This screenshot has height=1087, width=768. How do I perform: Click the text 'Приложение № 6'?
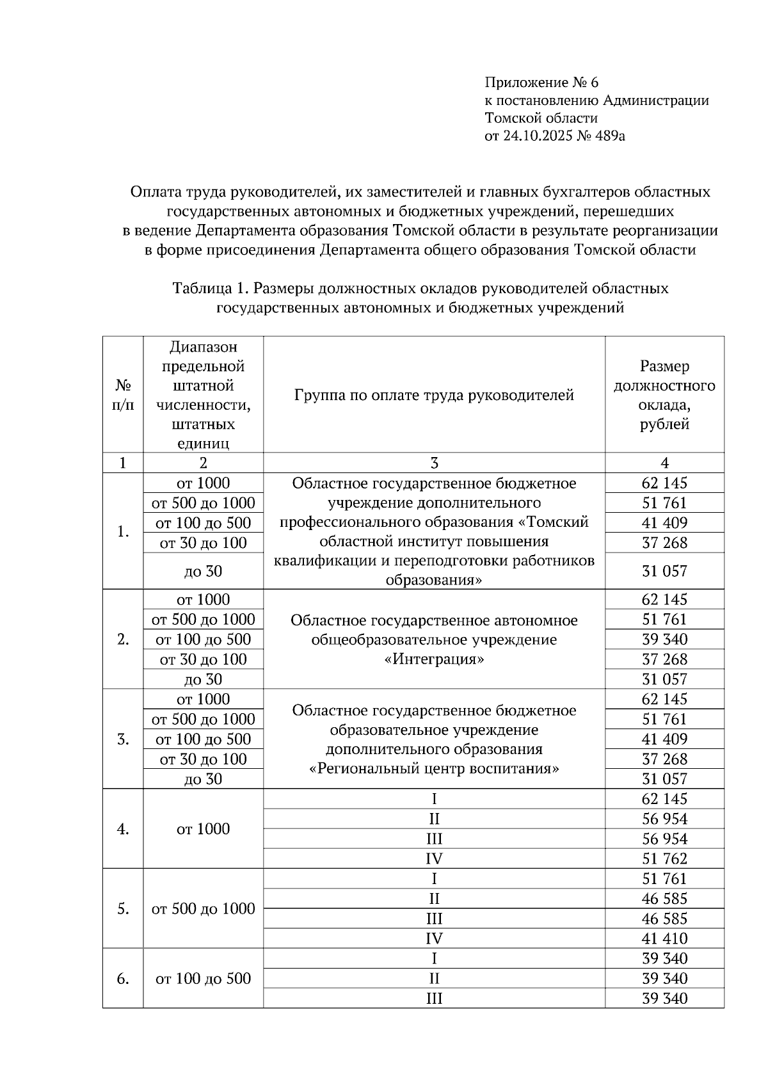point(541,83)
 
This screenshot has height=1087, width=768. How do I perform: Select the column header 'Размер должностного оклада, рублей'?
point(664,395)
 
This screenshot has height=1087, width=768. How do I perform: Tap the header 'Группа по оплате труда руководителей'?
point(434,395)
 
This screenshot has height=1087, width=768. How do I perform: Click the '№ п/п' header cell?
point(123,395)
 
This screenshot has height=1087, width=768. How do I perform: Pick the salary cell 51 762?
point(664,859)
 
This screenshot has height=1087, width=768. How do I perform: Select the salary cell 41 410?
point(664,939)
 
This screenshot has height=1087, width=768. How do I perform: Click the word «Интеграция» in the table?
point(434,659)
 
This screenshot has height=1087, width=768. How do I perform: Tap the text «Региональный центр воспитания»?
point(434,769)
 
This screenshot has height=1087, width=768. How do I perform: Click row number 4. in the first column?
point(123,829)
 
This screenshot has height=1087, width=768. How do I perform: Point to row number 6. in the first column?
point(123,979)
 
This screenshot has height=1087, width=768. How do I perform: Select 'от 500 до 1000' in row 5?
point(203,909)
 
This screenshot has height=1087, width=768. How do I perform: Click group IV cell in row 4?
point(434,859)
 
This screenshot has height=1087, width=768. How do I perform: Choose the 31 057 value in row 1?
point(664,571)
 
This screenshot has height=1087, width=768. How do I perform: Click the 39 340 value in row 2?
point(664,640)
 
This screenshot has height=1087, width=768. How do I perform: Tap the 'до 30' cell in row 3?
point(203,779)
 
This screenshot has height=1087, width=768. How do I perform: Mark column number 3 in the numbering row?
point(434,463)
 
